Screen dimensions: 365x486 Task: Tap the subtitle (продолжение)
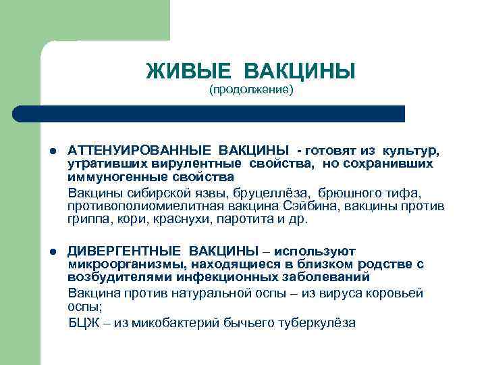tap(250, 89)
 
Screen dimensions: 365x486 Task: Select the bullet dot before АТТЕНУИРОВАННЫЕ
tap(53, 150)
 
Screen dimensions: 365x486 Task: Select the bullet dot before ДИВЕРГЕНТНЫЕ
tap(53, 251)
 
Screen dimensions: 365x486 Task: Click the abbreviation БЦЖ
tap(82, 322)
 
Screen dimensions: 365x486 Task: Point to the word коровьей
tap(397, 293)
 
